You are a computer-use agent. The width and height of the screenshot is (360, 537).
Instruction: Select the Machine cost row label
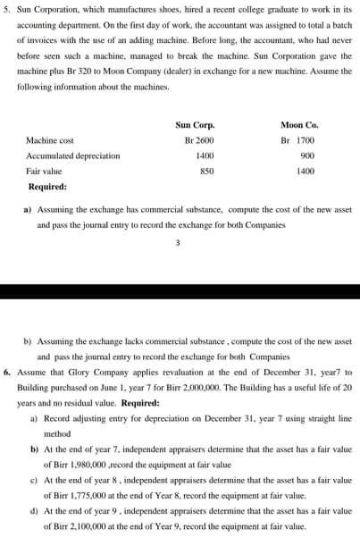click(x=50, y=140)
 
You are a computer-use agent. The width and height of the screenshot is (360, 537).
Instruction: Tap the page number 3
click(x=179, y=241)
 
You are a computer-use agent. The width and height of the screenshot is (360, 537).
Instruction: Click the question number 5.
click(x=8, y=12)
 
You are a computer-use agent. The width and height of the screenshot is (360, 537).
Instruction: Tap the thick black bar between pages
click(x=180, y=291)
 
